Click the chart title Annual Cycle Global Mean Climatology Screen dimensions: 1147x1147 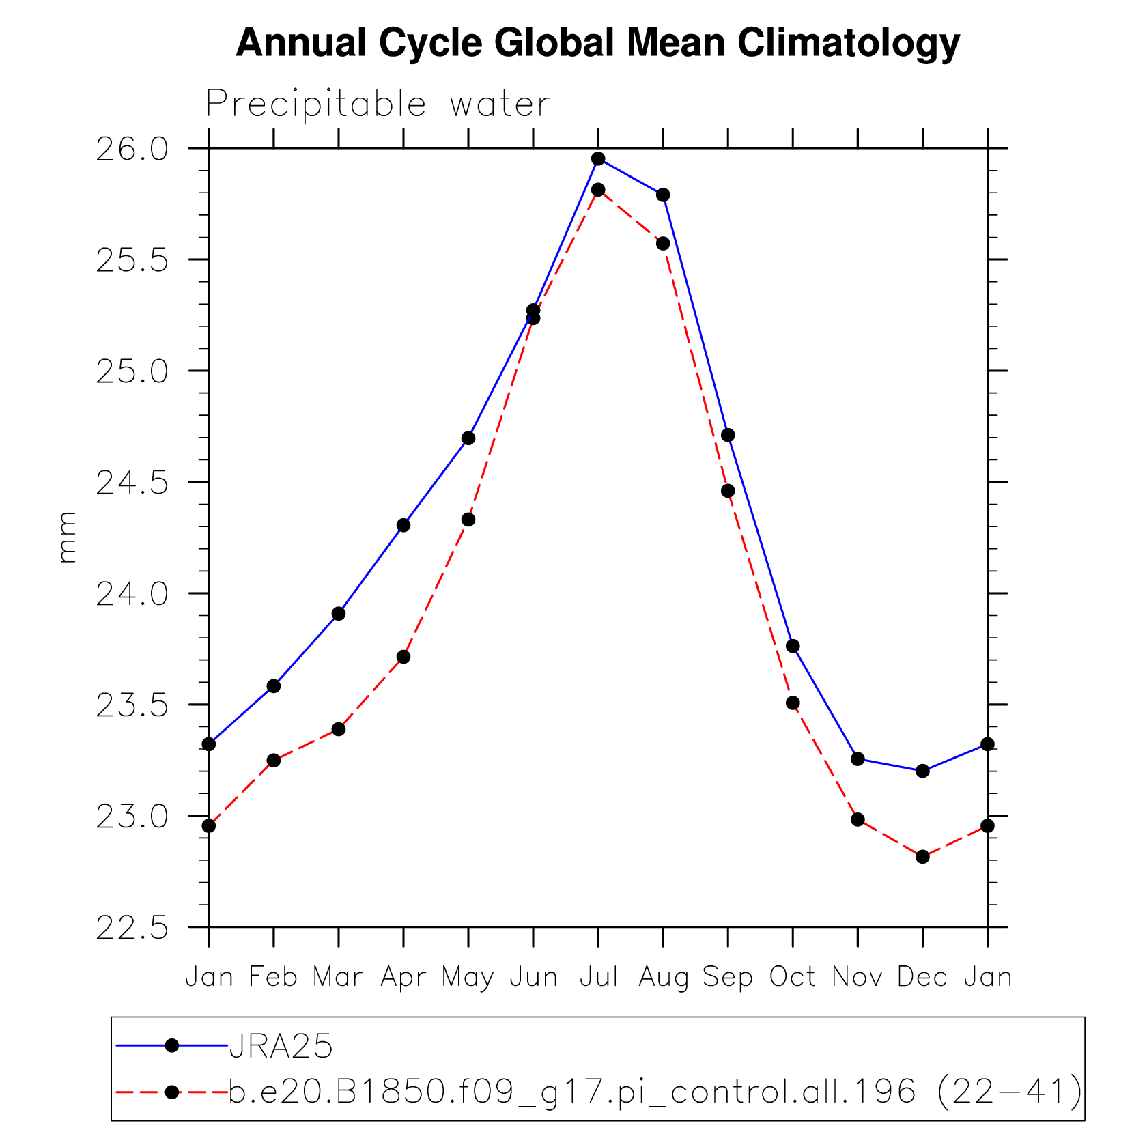(597, 42)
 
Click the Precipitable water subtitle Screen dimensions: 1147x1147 (378, 104)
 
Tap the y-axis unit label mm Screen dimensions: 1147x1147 (67, 537)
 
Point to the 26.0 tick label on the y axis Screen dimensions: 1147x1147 (132, 150)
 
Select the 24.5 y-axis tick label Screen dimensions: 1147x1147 (132, 483)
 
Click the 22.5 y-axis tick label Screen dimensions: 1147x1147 (132, 929)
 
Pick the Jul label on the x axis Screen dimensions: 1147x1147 (598, 977)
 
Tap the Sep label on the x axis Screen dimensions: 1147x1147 (728, 977)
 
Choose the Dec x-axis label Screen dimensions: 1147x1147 (922, 977)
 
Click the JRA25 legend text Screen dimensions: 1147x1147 (281, 1046)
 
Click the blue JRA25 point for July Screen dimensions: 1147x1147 (598, 159)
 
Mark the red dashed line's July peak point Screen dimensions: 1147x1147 (598, 190)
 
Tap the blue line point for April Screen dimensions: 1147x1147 (403, 525)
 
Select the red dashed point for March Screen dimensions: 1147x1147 (339, 729)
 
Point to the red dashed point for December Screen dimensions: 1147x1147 (922, 857)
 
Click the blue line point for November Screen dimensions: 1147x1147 (858, 759)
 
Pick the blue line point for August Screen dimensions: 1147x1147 (663, 195)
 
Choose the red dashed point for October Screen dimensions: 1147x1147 (793, 703)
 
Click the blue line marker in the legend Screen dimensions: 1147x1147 (172, 1045)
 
